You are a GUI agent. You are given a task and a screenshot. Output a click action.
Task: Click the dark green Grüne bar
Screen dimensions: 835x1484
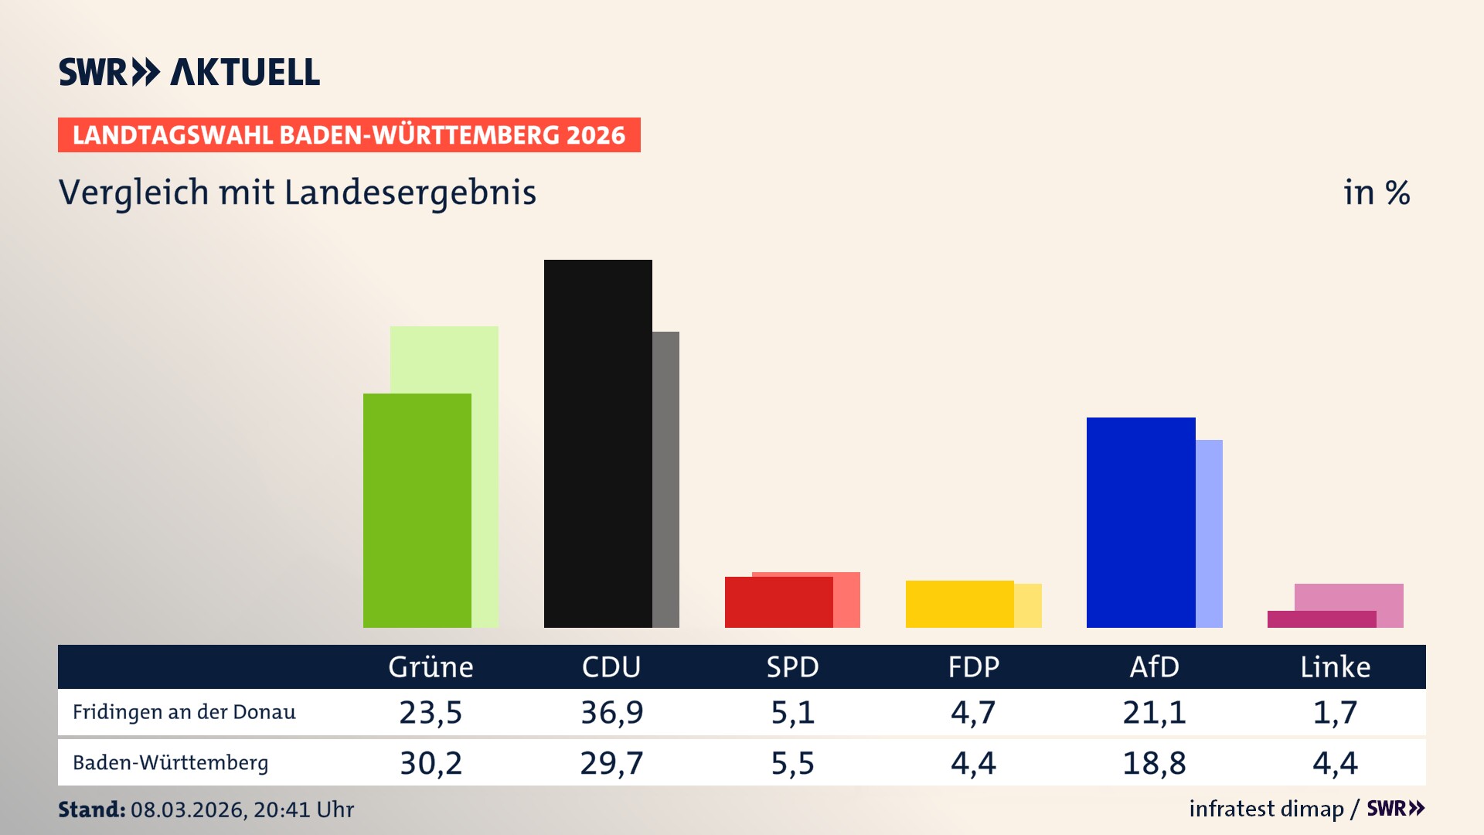pyautogui.click(x=417, y=510)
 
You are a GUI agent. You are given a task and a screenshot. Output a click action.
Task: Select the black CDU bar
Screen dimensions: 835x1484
pyautogui.click(x=597, y=444)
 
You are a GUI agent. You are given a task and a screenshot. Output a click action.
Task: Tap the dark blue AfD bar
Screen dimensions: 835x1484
pyautogui.click(x=1141, y=523)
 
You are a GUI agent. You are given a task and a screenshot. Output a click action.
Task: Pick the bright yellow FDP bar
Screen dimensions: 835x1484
pyautogui.click(x=959, y=604)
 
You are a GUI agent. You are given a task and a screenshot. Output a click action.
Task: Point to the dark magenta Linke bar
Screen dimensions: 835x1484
pyautogui.click(x=1322, y=619)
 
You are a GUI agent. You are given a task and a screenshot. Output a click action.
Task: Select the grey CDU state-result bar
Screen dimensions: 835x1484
pyautogui.click(x=665, y=479)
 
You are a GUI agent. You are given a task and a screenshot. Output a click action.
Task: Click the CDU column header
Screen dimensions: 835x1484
pyautogui.click(x=611, y=666)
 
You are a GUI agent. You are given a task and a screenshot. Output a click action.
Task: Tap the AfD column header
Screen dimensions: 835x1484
pyautogui.click(x=1154, y=666)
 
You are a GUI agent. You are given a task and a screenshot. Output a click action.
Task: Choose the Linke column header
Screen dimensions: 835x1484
pyautogui.click(x=1335, y=666)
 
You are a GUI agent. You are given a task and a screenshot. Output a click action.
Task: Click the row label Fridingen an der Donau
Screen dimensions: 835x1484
pyautogui.click(x=184, y=712)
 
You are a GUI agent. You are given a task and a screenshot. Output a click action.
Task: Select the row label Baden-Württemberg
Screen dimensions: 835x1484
pyautogui.click(x=170, y=762)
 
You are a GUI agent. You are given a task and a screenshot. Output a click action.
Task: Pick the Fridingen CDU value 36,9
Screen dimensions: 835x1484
pyautogui.click(x=611, y=712)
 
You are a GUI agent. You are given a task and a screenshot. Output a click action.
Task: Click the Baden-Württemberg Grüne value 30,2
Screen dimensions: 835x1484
pyautogui.click(x=431, y=763)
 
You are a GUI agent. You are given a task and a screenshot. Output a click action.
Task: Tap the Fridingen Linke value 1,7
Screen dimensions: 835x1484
pyautogui.click(x=1335, y=712)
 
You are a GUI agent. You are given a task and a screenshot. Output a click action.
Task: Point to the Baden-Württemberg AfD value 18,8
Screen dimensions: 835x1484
pyautogui.click(x=1154, y=763)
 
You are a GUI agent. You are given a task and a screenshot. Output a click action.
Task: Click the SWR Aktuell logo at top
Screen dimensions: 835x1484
pyautogui.click(x=189, y=72)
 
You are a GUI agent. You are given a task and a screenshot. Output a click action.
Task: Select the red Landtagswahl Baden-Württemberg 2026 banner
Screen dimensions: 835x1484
pyautogui.click(x=349, y=135)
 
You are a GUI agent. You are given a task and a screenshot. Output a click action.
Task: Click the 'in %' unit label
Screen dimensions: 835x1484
pyautogui.click(x=1376, y=193)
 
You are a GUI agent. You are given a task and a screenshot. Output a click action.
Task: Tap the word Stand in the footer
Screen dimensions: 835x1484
pyautogui.click(x=91, y=809)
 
